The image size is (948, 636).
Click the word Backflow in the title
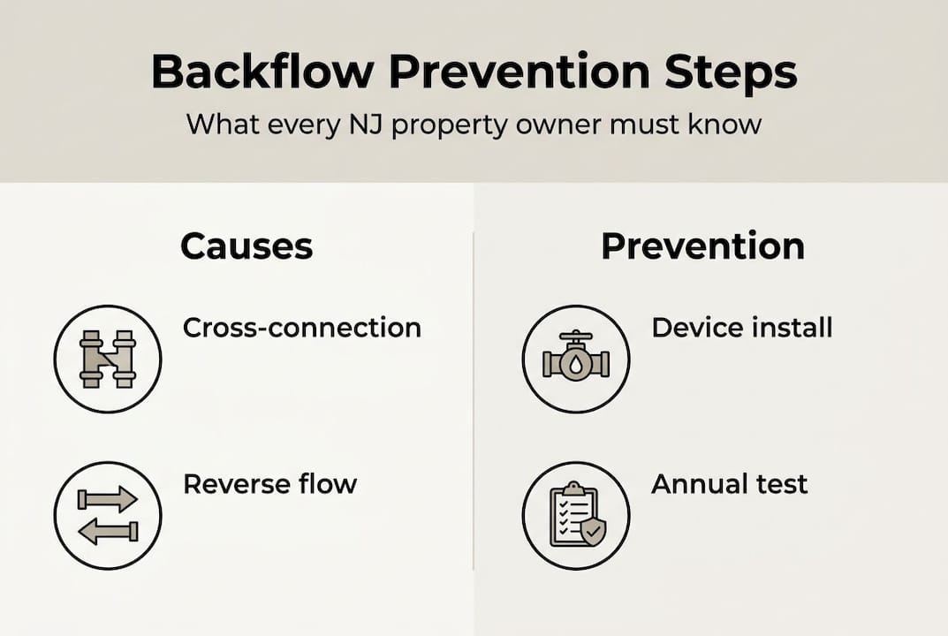[x=262, y=72]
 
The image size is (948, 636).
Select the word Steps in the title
[x=742, y=72]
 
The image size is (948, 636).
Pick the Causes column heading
[x=246, y=246]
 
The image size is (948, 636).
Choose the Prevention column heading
[x=702, y=246]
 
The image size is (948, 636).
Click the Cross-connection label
[x=301, y=328]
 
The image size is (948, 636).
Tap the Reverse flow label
[x=269, y=484]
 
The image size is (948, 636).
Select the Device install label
[x=741, y=328]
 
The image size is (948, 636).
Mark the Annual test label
[x=729, y=484]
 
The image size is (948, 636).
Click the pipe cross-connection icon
[x=108, y=360]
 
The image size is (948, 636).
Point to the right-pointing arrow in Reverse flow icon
[x=108, y=500]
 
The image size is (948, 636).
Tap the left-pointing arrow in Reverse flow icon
[x=108, y=531]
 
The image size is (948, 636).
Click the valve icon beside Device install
[x=576, y=359]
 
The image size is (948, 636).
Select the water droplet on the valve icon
[x=576, y=365]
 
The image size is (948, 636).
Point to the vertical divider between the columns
[x=474, y=397]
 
